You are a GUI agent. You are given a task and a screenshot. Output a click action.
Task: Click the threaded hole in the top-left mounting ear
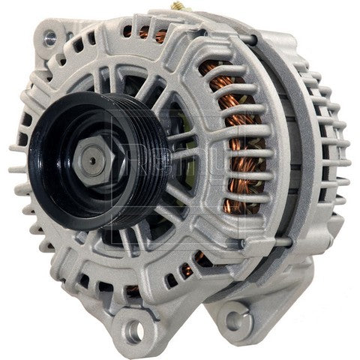(50, 34)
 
